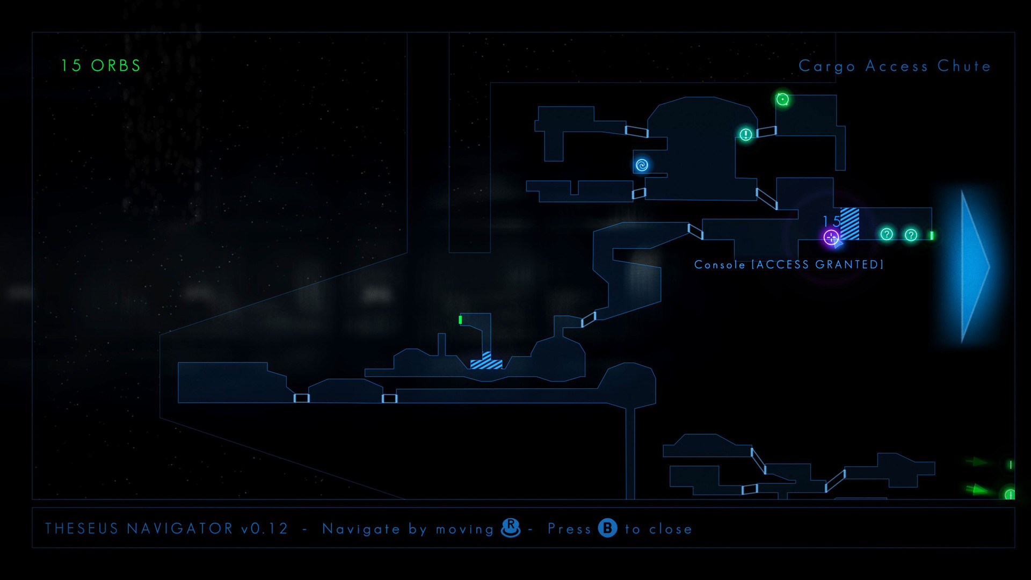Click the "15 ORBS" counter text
coord(100,66)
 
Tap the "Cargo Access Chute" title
coord(894,66)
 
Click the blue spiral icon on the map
coord(642,165)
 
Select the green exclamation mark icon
coord(746,134)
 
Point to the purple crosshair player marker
coord(831,237)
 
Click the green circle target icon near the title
coord(782,99)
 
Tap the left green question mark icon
coord(887,234)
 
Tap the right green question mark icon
coord(911,235)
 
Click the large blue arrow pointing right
coord(972,266)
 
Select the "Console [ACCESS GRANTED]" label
coord(788,264)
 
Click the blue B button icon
coord(607,528)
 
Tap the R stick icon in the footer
coord(511,527)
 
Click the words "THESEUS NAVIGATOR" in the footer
coord(139,529)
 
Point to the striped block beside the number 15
coord(850,223)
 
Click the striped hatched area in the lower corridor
coord(487,362)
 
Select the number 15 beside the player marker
coord(831,221)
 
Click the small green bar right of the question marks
coord(932,235)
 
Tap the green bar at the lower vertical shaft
coord(460,320)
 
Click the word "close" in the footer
coord(670,530)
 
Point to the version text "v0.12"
coord(264,529)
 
